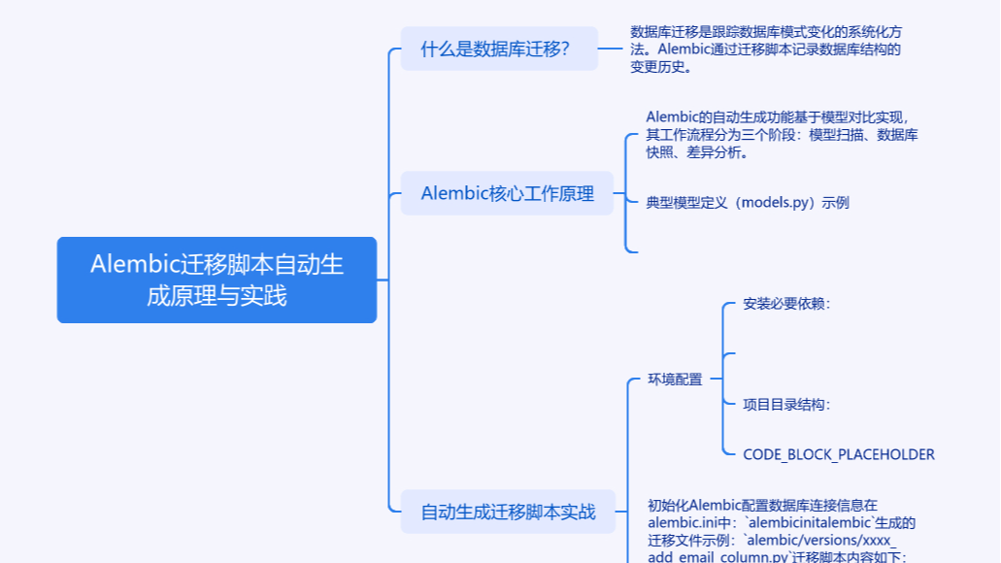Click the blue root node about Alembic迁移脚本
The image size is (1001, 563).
point(217,280)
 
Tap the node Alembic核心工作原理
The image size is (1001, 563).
point(507,193)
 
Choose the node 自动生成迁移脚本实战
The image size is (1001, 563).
point(508,512)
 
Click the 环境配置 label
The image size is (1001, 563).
point(675,380)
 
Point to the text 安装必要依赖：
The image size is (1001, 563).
point(786,303)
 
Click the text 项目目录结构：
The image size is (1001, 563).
point(786,404)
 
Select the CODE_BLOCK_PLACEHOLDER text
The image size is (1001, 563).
point(839,453)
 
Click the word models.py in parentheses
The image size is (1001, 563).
point(776,202)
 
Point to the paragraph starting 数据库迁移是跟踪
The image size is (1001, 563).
point(766,50)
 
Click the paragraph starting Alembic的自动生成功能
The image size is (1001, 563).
point(782,134)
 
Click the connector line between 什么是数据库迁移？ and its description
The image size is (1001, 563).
point(610,49)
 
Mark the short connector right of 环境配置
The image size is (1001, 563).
point(716,380)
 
